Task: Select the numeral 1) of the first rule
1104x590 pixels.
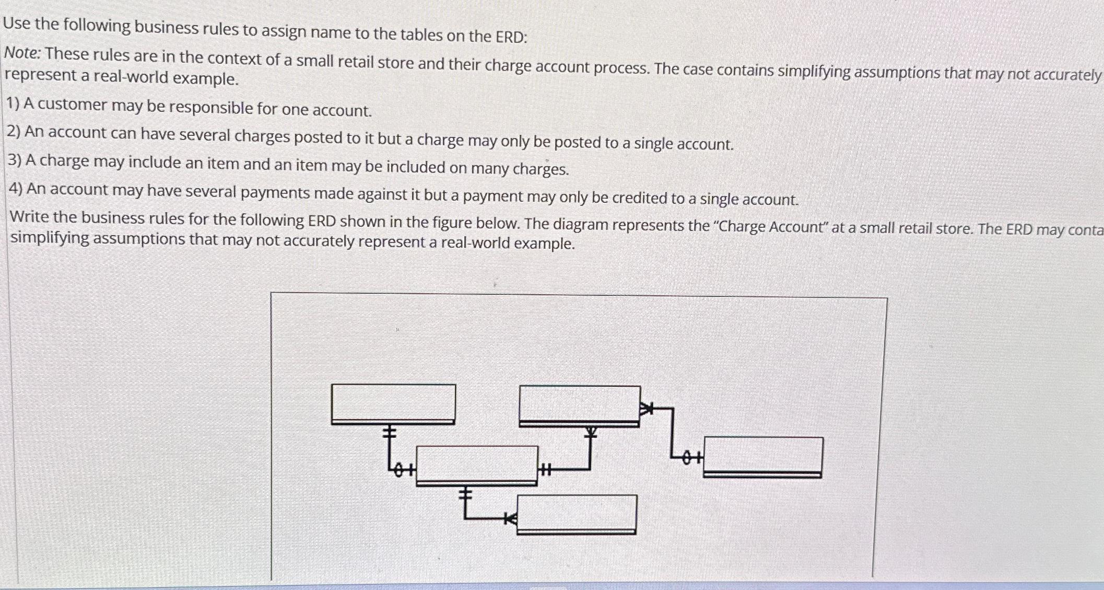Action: point(13,103)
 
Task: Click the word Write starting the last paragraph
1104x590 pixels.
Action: point(28,216)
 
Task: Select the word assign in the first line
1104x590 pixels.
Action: point(284,31)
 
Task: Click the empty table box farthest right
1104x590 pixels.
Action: point(763,456)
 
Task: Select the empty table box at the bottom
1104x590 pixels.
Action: point(577,514)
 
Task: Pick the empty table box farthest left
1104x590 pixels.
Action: point(393,403)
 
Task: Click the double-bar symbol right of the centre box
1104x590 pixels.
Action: point(545,470)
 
